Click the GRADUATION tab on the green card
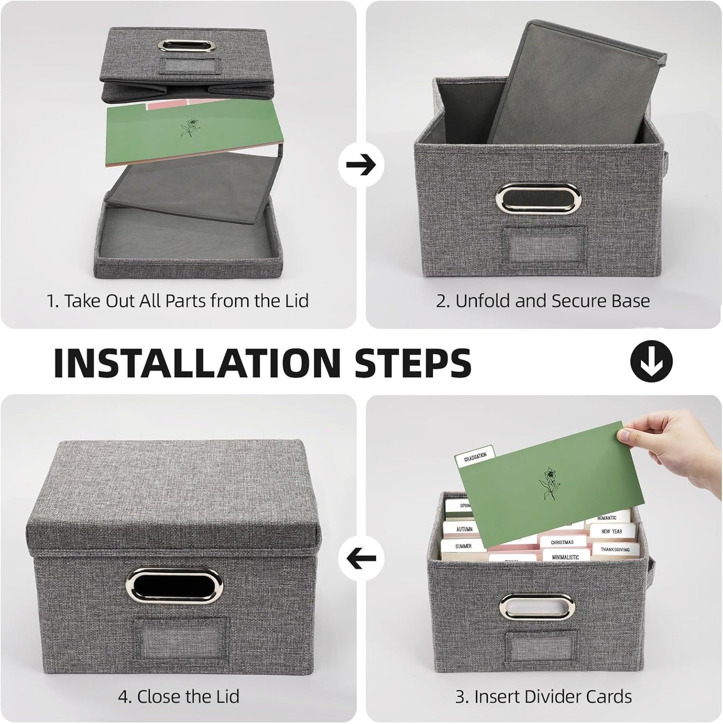coord(475,456)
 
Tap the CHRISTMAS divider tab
coord(562,542)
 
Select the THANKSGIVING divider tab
coord(615,549)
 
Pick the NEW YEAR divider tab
coord(611,531)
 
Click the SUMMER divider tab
coord(463,546)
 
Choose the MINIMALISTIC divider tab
coord(565,557)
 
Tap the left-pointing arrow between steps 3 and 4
coord(361,558)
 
